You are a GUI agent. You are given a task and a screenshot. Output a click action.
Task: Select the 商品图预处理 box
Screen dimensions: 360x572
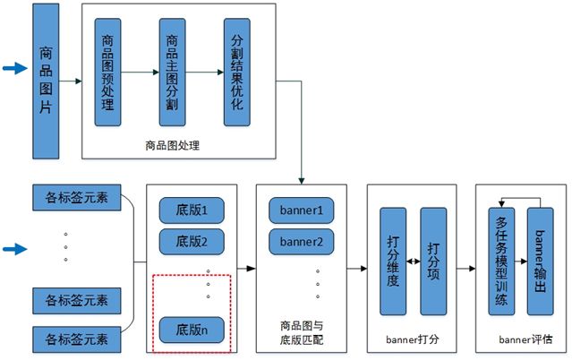coord(107,73)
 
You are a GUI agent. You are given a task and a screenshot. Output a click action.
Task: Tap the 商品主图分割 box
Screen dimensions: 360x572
coord(172,73)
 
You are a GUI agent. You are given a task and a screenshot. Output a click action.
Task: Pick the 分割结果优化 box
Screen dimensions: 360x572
coord(236,73)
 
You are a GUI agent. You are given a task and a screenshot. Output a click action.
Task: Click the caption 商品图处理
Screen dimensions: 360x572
coord(173,143)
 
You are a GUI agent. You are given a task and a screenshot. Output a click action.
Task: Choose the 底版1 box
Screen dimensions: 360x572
coord(192,212)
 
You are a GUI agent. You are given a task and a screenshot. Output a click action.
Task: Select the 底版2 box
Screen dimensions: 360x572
coord(192,241)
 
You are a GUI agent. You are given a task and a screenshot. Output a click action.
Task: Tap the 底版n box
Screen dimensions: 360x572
coord(192,330)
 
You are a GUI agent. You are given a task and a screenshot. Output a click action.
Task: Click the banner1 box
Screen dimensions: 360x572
coord(302,212)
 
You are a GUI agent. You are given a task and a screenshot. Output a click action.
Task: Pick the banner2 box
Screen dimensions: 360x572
coord(302,241)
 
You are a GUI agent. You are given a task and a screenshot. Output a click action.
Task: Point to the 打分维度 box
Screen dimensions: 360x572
coord(393,261)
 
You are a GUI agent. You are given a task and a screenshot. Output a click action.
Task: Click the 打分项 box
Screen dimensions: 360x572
coord(433,261)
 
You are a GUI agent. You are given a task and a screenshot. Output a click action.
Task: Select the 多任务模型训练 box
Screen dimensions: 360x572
coord(501,261)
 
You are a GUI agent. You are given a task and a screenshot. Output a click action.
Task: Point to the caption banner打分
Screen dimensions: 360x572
coord(413,339)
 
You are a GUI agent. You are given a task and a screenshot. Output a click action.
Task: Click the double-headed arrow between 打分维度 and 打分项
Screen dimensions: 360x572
coord(414,261)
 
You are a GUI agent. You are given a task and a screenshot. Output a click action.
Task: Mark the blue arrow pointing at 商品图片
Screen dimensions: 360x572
coord(15,67)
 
